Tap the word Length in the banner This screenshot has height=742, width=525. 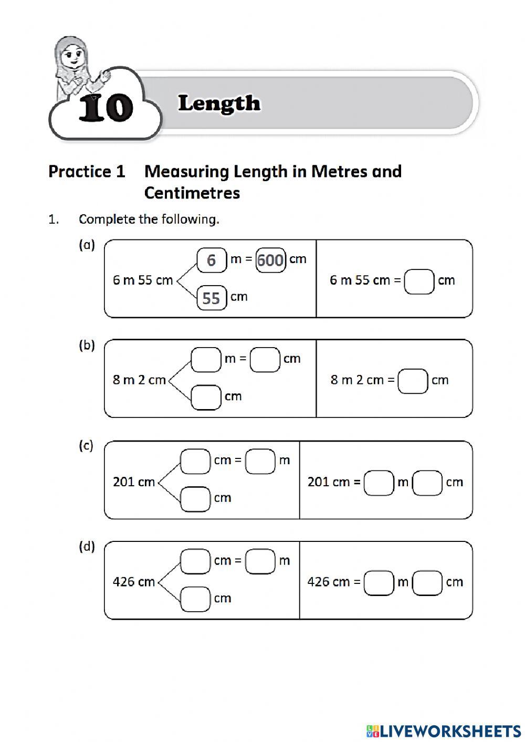pos(219,103)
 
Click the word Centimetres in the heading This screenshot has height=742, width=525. pos(192,193)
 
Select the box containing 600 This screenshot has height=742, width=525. pos(271,260)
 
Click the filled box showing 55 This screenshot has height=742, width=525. pos(212,298)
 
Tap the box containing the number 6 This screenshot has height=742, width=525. pos(212,260)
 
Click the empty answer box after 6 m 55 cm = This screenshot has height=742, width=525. pos(419,281)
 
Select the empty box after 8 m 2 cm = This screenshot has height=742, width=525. pos(413,381)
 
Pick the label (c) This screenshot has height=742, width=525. pos(86,446)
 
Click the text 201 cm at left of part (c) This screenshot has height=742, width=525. pos(133,482)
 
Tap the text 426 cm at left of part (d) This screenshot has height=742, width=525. pos(133,582)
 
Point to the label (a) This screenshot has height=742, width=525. pos(87,245)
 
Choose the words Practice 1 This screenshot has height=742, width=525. pos(87,171)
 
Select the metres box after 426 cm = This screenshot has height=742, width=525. pos(379,582)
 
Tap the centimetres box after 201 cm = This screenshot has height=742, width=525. pos(427,483)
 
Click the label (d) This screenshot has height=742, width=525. pos(87,547)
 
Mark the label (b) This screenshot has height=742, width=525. pos(87,345)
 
